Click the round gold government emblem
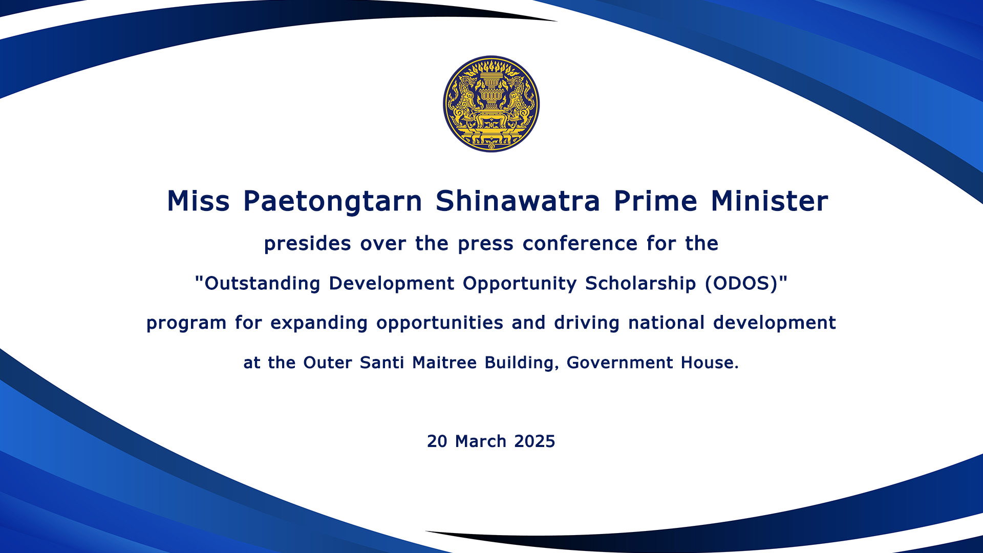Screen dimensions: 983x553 pyautogui.click(x=491, y=104)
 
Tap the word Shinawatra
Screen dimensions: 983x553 pyautogui.click(x=518, y=201)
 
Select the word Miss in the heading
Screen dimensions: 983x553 pyautogui.click(x=198, y=201)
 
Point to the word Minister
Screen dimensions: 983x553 pyautogui.click(x=770, y=201)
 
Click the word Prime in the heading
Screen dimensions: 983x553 pyautogui.click(x=655, y=201)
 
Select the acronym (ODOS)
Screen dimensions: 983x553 pyautogui.click(x=741, y=284)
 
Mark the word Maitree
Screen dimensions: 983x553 pyautogui.click(x=444, y=363)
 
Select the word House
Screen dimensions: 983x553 pyautogui.click(x=710, y=363)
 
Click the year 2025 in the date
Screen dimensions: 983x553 pyautogui.click(x=535, y=441)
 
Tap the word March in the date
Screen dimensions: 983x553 pyautogui.click(x=481, y=441)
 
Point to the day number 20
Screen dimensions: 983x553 pyautogui.click(x=437, y=441)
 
